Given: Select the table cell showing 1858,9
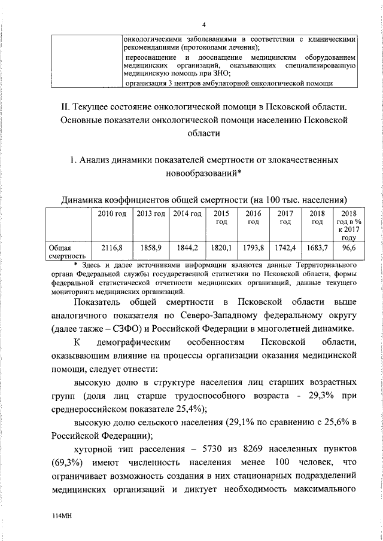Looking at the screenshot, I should click(151, 246).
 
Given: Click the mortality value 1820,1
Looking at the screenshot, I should click(221, 246).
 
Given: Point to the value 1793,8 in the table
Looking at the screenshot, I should click(253, 246).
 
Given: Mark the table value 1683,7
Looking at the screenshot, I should click(317, 246).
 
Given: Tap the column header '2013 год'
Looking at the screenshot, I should click(151, 213).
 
